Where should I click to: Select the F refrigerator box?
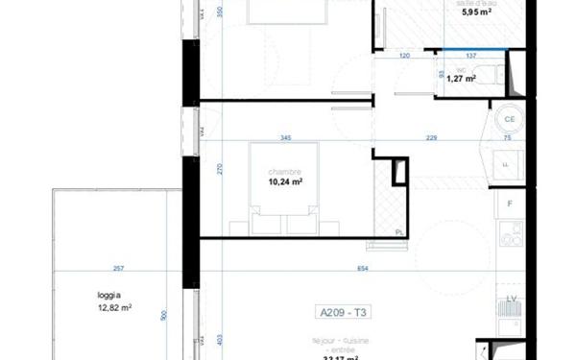click(511, 204)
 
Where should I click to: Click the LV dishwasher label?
click(511, 299)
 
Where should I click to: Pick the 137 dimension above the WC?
click(469, 56)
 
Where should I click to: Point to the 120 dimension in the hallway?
click(405, 56)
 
